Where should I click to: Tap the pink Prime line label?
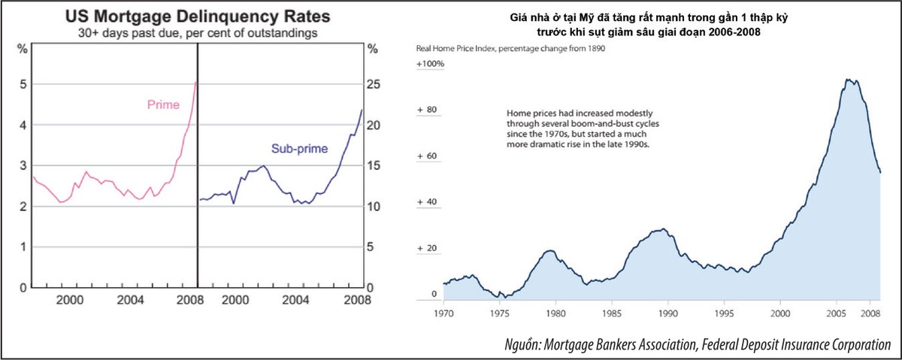click(x=163, y=105)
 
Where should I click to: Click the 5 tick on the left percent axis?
click(x=23, y=84)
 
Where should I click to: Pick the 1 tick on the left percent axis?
click(x=23, y=247)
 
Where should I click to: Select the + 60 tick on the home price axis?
click(x=427, y=156)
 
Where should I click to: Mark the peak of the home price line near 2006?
click(x=847, y=79)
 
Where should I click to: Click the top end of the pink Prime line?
click(x=195, y=82)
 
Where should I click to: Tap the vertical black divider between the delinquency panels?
click(x=198, y=165)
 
